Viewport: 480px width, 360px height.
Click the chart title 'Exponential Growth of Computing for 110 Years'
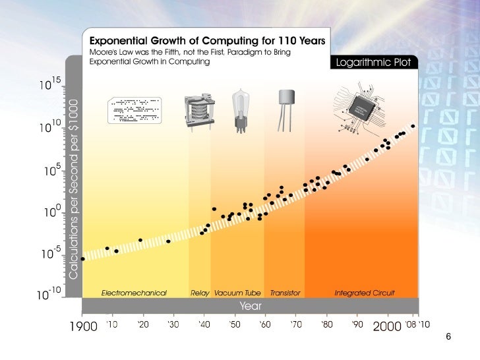coord(206,40)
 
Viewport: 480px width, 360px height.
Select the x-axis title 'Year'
coord(250,306)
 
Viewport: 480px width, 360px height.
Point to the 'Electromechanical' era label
coord(134,291)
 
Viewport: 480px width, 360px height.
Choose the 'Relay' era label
coord(200,291)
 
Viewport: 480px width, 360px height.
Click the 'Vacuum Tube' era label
coord(237,291)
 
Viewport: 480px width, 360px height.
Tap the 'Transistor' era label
coord(285,291)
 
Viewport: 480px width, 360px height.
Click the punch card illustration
coord(134,109)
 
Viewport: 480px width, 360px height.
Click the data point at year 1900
coord(83,258)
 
